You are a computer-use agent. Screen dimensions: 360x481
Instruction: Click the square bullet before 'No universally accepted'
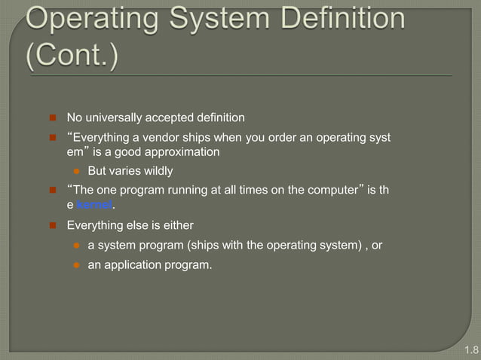(x=54, y=118)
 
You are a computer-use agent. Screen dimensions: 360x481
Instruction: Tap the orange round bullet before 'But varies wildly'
(x=77, y=172)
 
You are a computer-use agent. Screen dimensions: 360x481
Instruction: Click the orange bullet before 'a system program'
(x=77, y=246)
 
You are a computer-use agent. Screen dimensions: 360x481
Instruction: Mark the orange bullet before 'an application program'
(x=77, y=266)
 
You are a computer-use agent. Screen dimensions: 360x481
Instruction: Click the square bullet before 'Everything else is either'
(x=54, y=226)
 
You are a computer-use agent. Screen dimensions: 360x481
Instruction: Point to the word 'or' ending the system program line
(x=377, y=245)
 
